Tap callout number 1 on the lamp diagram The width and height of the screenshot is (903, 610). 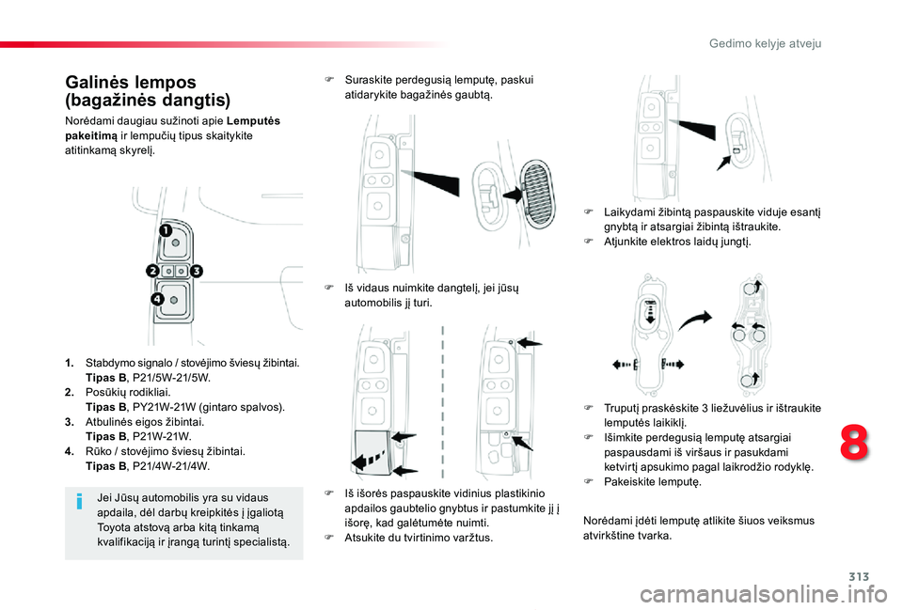click(165, 230)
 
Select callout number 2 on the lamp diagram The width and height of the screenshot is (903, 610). click(151, 271)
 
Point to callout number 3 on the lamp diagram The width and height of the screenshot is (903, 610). click(198, 271)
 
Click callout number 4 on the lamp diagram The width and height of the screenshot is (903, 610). click(156, 299)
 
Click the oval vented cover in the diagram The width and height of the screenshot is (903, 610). click(532, 194)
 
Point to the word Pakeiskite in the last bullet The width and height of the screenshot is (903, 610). click(630, 481)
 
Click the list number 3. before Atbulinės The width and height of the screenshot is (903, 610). click(70, 422)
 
